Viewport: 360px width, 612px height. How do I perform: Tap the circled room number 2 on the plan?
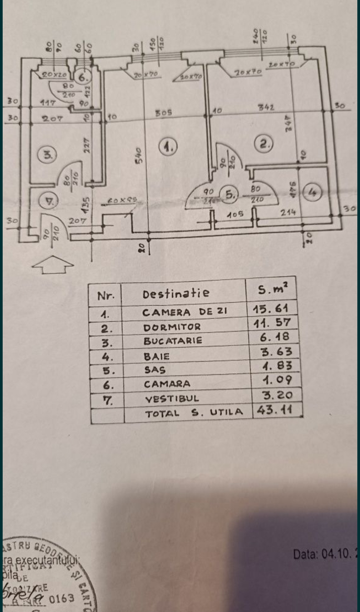click(x=264, y=144)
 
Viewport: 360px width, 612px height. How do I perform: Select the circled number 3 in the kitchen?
click(x=48, y=155)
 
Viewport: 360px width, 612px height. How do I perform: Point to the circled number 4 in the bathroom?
click(x=312, y=192)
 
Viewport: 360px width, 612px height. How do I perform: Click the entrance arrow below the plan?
click(x=53, y=265)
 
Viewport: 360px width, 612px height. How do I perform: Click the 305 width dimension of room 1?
click(x=164, y=113)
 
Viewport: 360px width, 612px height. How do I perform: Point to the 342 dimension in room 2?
click(x=266, y=107)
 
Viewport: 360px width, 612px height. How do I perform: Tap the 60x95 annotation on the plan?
click(x=122, y=201)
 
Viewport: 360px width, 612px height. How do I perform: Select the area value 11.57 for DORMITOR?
click(x=272, y=323)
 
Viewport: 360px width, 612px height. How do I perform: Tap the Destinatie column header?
click(x=176, y=294)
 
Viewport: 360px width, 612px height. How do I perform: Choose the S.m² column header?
click(x=272, y=289)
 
